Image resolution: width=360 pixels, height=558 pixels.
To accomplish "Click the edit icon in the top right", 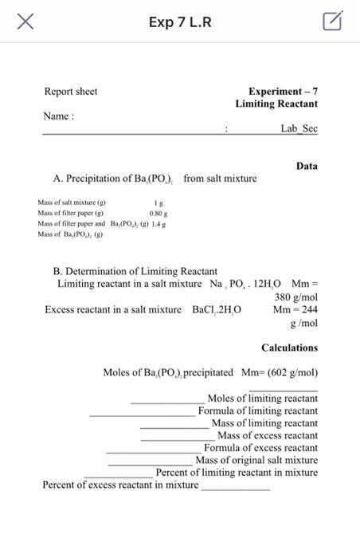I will click(333, 22).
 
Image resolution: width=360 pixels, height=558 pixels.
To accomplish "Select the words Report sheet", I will click(70, 92).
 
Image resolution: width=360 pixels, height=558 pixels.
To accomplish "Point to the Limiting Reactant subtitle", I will click(276, 104).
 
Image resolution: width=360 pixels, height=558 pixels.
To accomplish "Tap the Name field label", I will click(58, 116).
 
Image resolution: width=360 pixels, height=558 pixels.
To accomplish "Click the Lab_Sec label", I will click(299, 128).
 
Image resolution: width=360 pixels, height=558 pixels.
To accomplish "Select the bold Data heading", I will click(307, 167).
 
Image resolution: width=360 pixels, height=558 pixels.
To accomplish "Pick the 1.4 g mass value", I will click(162, 224).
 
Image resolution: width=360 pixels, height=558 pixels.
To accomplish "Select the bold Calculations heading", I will click(289, 348).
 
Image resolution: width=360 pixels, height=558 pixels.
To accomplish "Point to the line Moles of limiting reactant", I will click(262, 399).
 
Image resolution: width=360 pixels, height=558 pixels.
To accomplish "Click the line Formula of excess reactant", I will click(260, 448).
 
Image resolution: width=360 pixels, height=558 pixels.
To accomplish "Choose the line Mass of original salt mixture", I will click(256, 461).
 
